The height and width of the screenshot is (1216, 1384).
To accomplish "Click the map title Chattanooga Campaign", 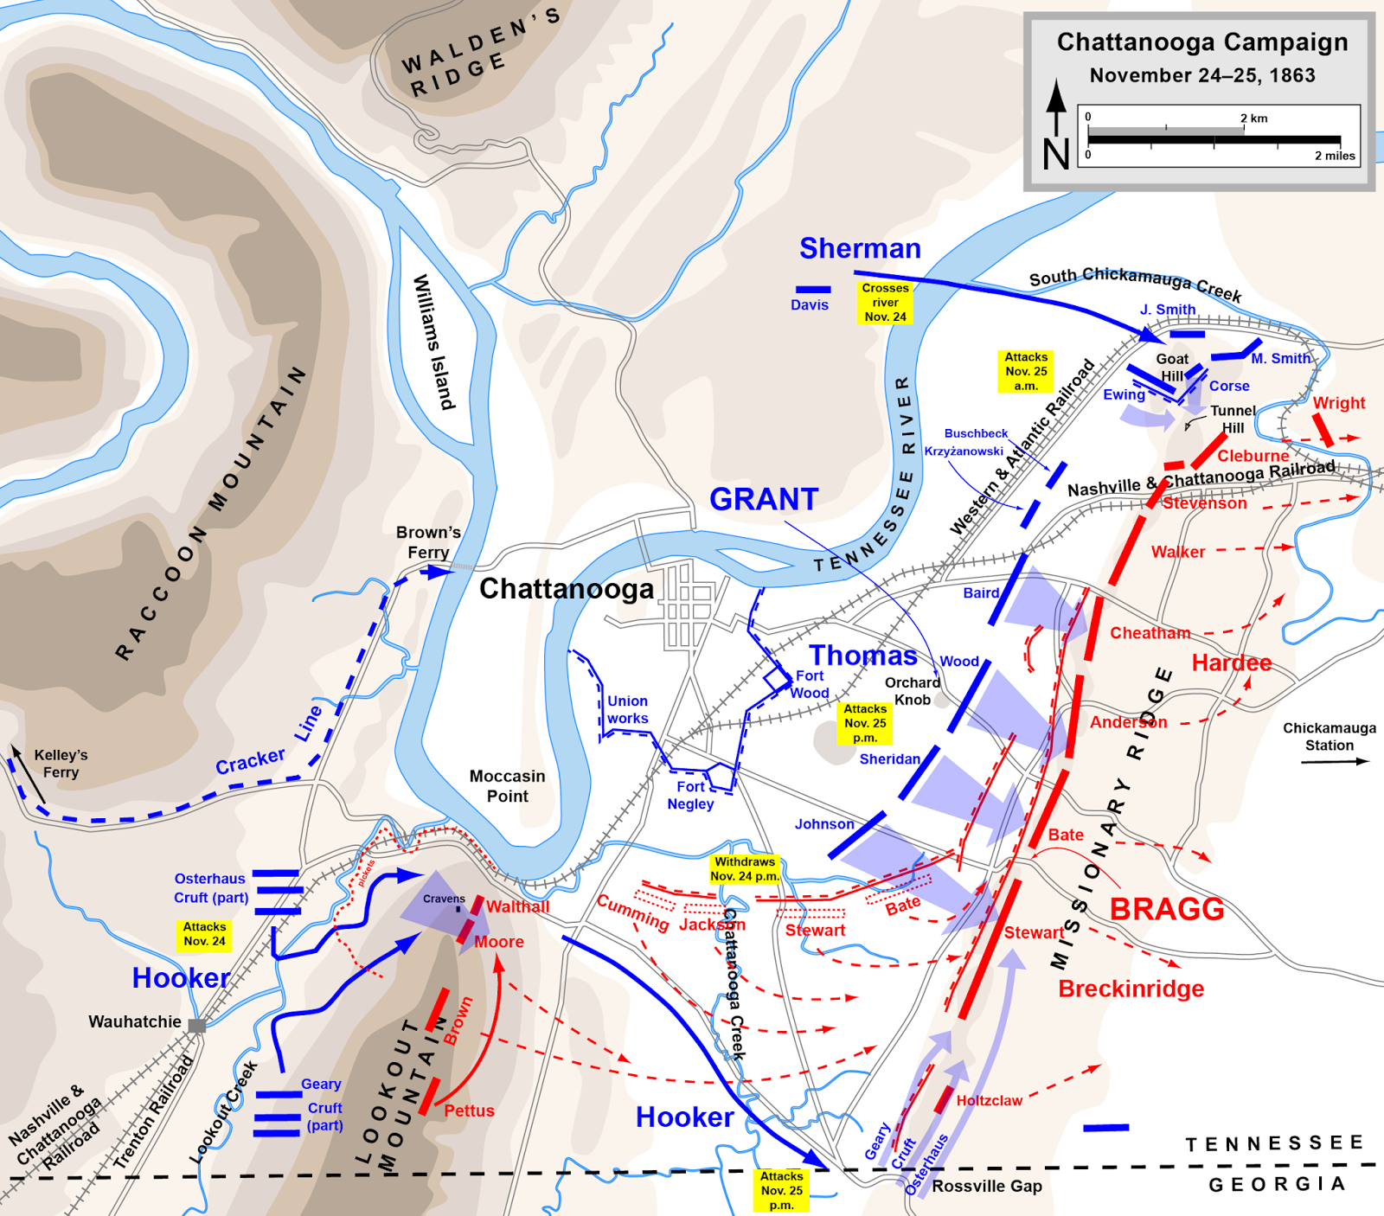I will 1201,42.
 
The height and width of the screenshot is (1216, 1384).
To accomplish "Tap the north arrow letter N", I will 1056,154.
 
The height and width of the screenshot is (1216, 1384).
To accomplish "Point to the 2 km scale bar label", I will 1253,118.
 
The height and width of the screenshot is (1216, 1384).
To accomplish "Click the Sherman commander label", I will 860,248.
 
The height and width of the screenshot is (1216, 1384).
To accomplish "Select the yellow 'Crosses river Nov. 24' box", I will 885,303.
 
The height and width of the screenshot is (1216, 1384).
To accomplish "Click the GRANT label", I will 763,499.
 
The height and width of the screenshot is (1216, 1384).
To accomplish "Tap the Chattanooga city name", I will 567,589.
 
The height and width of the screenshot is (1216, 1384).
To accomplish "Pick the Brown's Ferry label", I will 428,542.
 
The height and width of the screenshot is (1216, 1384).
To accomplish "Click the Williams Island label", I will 433,342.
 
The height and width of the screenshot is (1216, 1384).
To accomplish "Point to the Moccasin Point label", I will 507,786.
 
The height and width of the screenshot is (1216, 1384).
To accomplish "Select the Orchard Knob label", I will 913,691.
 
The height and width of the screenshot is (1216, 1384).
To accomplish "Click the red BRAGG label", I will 1167,909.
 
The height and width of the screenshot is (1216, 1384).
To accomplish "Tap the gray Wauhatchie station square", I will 197,1026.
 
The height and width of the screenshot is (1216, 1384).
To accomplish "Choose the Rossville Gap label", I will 986,1186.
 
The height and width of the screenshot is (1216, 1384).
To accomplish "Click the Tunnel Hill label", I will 1233,419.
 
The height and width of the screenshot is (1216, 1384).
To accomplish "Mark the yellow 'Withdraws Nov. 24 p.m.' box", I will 745,868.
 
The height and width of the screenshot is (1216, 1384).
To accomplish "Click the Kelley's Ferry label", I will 61,764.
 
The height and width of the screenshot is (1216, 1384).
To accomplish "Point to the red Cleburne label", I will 1253,456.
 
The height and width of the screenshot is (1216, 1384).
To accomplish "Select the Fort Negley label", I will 690,795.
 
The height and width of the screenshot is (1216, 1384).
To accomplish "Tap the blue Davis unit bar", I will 813,290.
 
